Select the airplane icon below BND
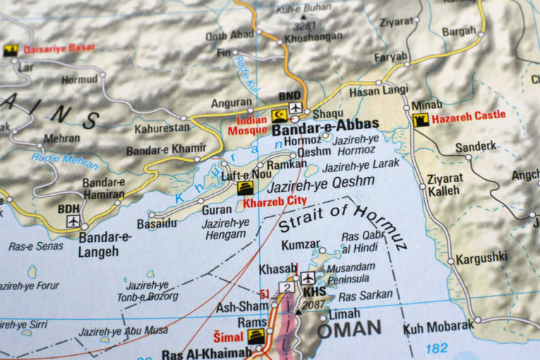(x=295, y=108)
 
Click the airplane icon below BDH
(x=73, y=221)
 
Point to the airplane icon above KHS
(x=307, y=278)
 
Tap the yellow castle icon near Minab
(x=419, y=120)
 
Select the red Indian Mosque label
(x=247, y=126)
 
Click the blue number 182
(x=437, y=348)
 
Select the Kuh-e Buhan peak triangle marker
(x=304, y=16)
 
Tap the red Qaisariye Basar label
(x=59, y=49)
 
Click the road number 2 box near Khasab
(x=286, y=287)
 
